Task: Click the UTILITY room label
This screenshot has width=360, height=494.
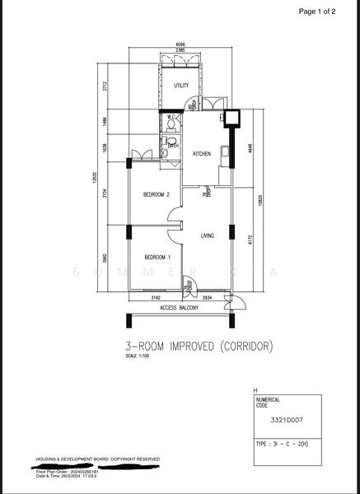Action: pos(181,85)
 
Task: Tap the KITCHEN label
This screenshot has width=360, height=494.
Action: pos(202,154)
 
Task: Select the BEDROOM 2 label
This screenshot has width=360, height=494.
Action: pos(156,195)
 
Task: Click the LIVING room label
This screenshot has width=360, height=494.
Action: pos(208,236)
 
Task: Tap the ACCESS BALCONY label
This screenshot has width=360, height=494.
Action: pos(179,308)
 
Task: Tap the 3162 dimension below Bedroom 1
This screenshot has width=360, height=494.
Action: pos(156,297)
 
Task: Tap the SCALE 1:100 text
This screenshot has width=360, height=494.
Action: pos(138,357)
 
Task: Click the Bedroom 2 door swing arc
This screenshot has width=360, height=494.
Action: pos(174,217)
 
